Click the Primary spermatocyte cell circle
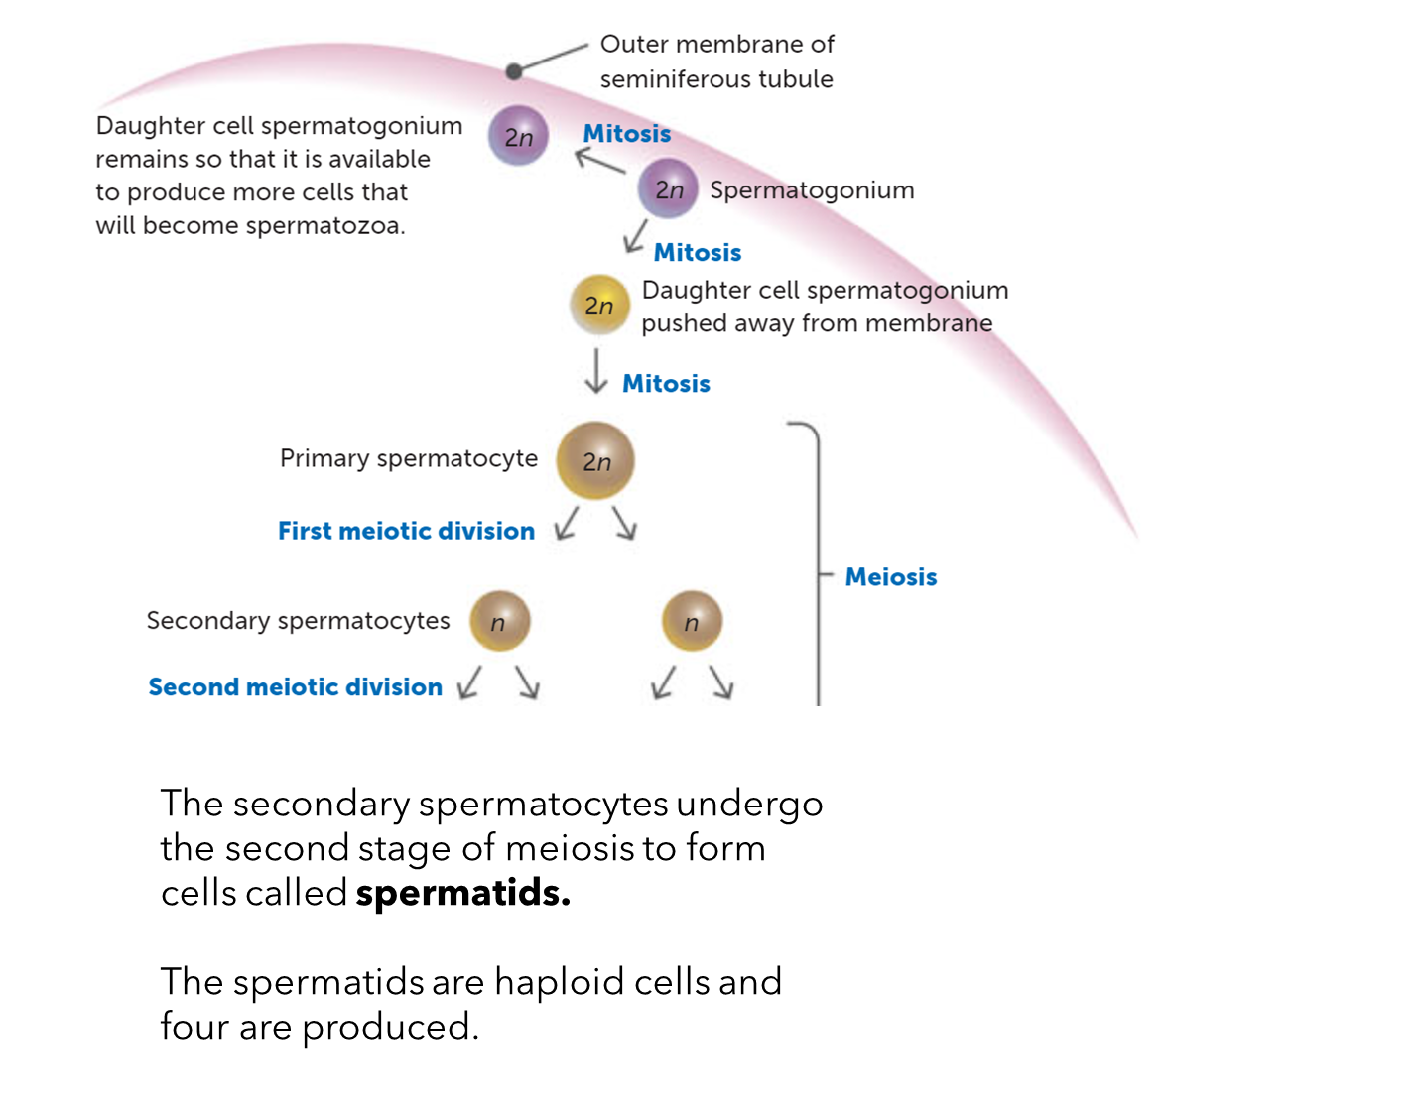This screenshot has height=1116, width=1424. (595, 460)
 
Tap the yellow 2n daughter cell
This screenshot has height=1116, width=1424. (599, 305)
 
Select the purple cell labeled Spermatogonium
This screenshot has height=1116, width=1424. (668, 188)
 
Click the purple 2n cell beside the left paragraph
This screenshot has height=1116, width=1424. (518, 136)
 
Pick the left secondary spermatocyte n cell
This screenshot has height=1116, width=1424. (499, 621)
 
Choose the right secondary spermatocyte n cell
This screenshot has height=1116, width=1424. (692, 621)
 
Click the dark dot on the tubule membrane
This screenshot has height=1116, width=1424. (514, 71)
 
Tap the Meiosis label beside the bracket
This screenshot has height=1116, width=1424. (890, 577)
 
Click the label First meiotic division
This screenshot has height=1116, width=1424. (406, 531)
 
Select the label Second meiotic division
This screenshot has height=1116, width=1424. (295, 686)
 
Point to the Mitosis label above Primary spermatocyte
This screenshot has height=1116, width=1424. (666, 384)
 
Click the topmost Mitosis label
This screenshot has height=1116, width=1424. (626, 134)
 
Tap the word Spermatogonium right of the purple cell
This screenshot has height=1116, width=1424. (812, 190)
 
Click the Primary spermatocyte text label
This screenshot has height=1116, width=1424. (408, 458)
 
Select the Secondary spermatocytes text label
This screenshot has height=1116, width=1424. (298, 621)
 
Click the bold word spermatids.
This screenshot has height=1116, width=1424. (462, 893)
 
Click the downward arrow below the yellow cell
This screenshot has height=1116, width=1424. (596, 372)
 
